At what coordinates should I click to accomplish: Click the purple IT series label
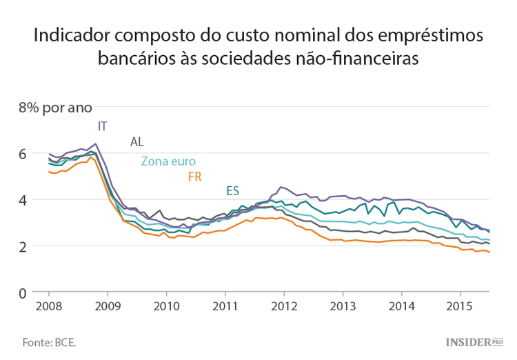pyautogui.click(x=103, y=126)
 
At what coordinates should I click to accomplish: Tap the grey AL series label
pyautogui.click(x=137, y=142)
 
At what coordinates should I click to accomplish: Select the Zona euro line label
pyautogui.click(x=168, y=161)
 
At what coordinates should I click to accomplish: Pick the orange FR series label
pyautogui.click(x=194, y=177)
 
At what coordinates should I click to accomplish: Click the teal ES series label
pyautogui.click(x=233, y=191)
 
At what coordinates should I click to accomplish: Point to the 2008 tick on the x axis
pyautogui.click(x=49, y=306)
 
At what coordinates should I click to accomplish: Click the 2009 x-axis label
pyautogui.click(x=108, y=306)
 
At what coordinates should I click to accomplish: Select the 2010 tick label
pyautogui.click(x=166, y=306)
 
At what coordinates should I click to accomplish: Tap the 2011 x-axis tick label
pyautogui.click(x=225, y=306)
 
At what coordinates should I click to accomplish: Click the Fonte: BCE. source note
pyautogui.click(x=49, y=341)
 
